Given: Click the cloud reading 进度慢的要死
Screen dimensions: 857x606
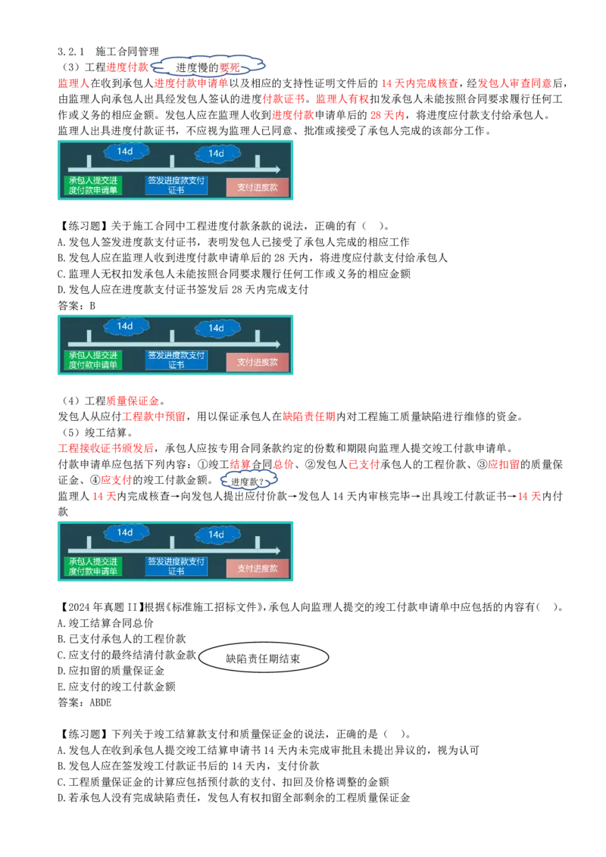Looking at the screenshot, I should [209, 67].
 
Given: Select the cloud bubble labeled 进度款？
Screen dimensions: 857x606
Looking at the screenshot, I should [248, 481].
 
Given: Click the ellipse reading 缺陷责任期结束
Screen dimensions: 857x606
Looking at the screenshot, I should [263, 659].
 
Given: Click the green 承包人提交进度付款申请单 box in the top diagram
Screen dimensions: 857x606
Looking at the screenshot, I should [93, 185].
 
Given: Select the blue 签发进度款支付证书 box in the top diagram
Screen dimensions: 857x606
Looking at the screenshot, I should [176, 185].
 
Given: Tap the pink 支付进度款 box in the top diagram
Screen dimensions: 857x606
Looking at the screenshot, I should [258, 186].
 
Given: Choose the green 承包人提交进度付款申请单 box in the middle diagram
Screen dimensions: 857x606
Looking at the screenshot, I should [93, 360].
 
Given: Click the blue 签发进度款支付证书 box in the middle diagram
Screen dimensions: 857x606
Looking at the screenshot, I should [176, 360].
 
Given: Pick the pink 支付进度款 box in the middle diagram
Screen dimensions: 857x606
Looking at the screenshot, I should [258, 362].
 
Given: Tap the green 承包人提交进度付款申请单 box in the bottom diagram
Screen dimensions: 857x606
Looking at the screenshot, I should [93, 567].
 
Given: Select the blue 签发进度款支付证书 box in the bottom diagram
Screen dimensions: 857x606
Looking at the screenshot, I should [176, 567].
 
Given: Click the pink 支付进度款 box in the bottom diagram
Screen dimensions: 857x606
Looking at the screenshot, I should [258, 568].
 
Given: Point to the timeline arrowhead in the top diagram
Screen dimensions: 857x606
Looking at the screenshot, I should [277, 170].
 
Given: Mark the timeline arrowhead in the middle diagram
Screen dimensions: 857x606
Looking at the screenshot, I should [277, 344].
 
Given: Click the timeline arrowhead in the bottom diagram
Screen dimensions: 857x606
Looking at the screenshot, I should [277, 550].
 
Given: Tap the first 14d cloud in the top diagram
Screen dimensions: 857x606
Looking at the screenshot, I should [125, 151].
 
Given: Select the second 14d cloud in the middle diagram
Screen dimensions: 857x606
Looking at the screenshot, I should [217, 328].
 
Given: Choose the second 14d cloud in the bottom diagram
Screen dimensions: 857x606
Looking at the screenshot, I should [217, 534].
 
